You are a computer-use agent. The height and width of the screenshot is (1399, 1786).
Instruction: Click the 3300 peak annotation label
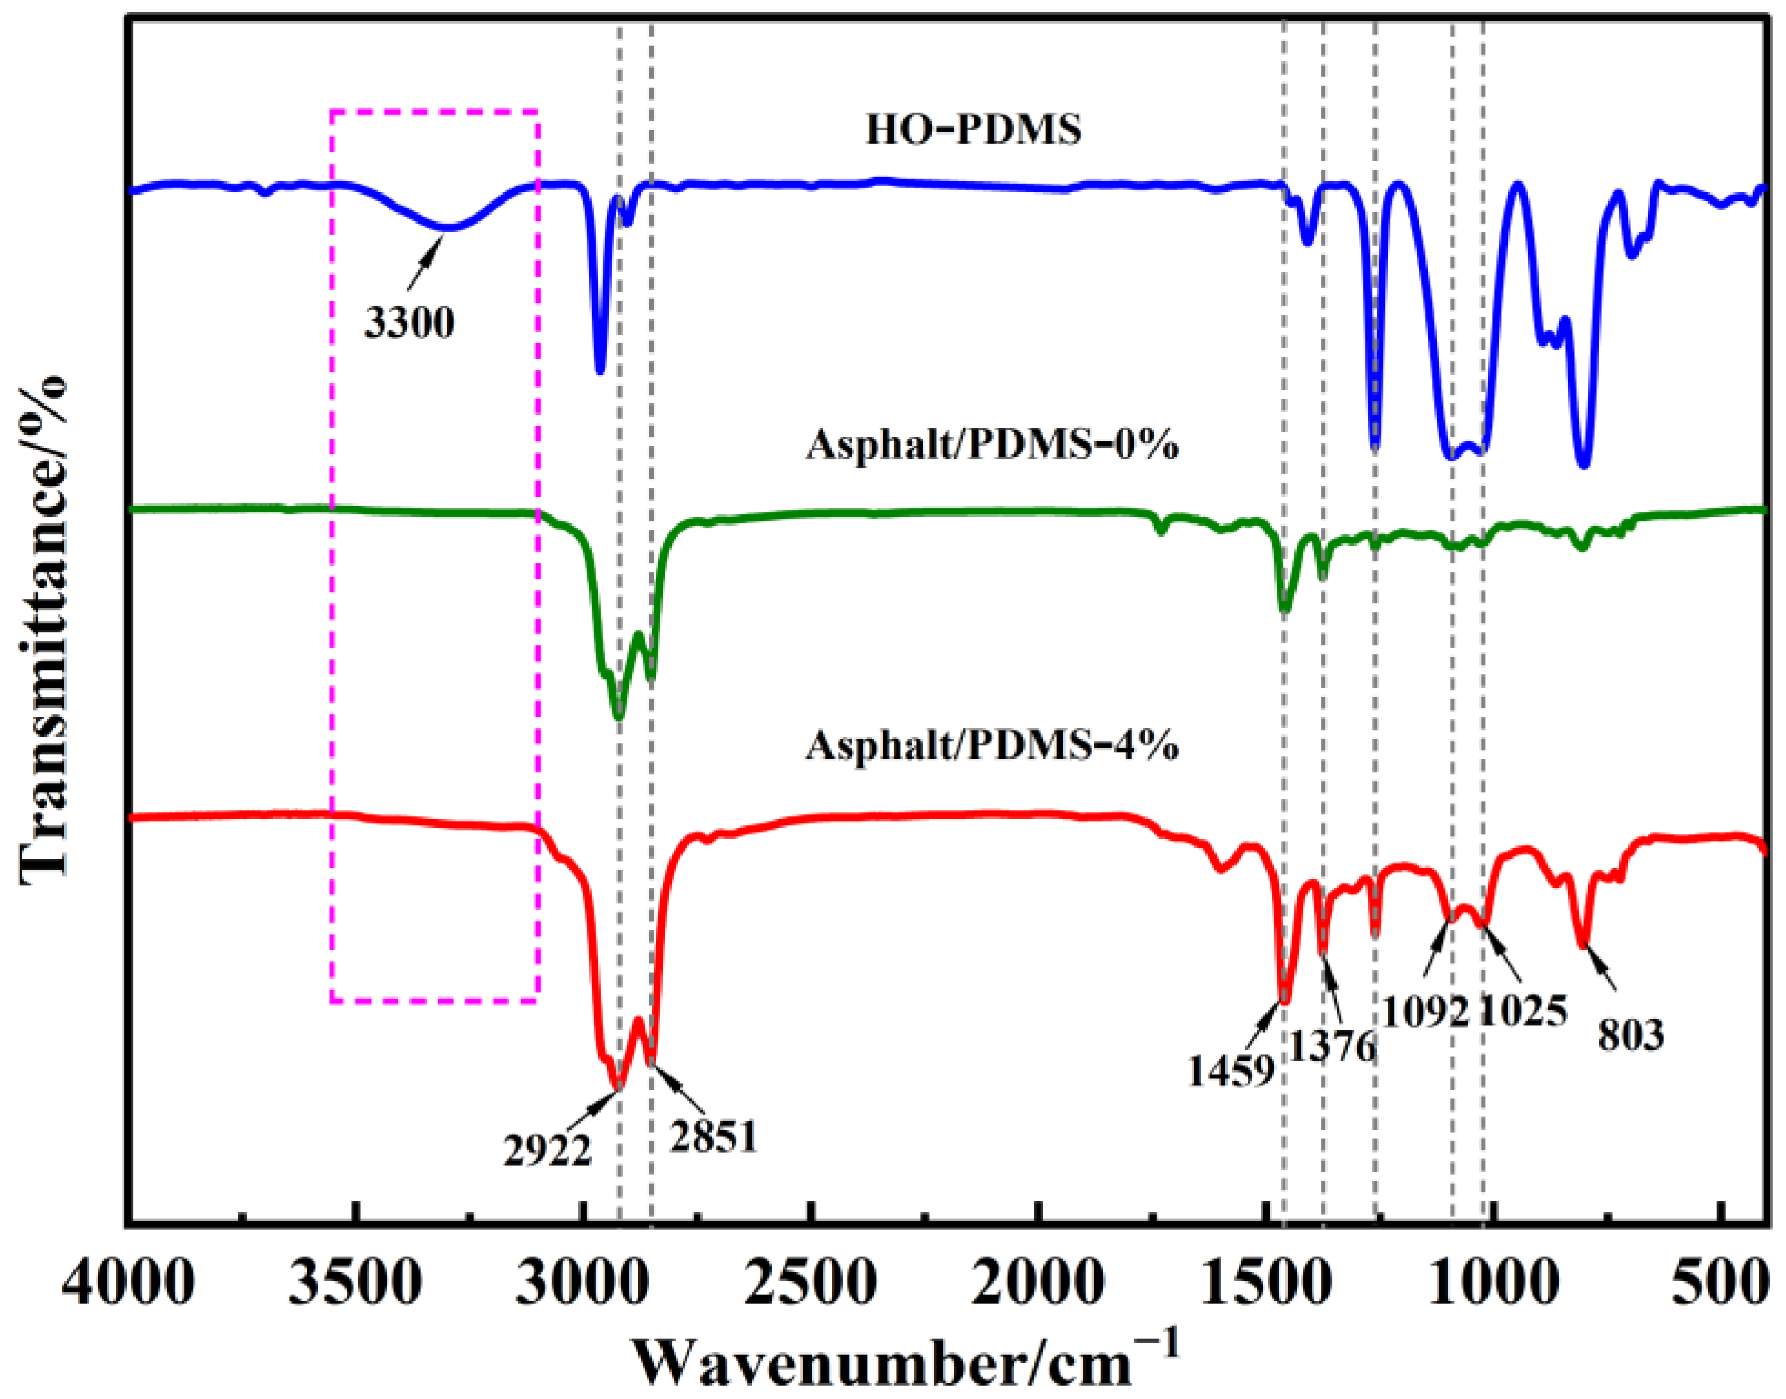click(409, 323)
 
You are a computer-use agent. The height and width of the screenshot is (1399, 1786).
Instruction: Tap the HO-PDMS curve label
click(973, 130)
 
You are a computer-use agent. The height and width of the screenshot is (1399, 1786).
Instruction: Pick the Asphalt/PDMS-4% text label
click(992, 745)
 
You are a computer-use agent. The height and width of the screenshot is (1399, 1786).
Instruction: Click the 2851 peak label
click(713, 1137)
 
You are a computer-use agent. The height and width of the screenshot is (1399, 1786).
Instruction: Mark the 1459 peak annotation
click(1231, 1070)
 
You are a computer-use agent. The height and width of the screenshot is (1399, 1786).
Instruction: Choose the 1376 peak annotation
click(1333, 1046)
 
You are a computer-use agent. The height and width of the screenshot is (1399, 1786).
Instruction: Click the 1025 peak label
click(1523, 1012)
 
